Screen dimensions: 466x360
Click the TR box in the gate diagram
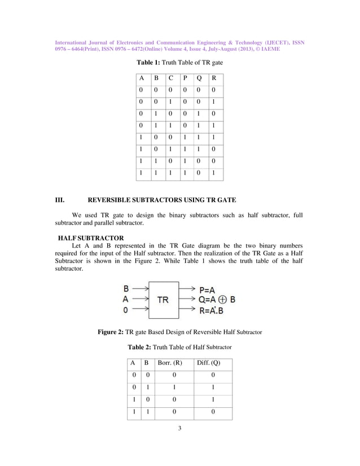click(x=163, y=300)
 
